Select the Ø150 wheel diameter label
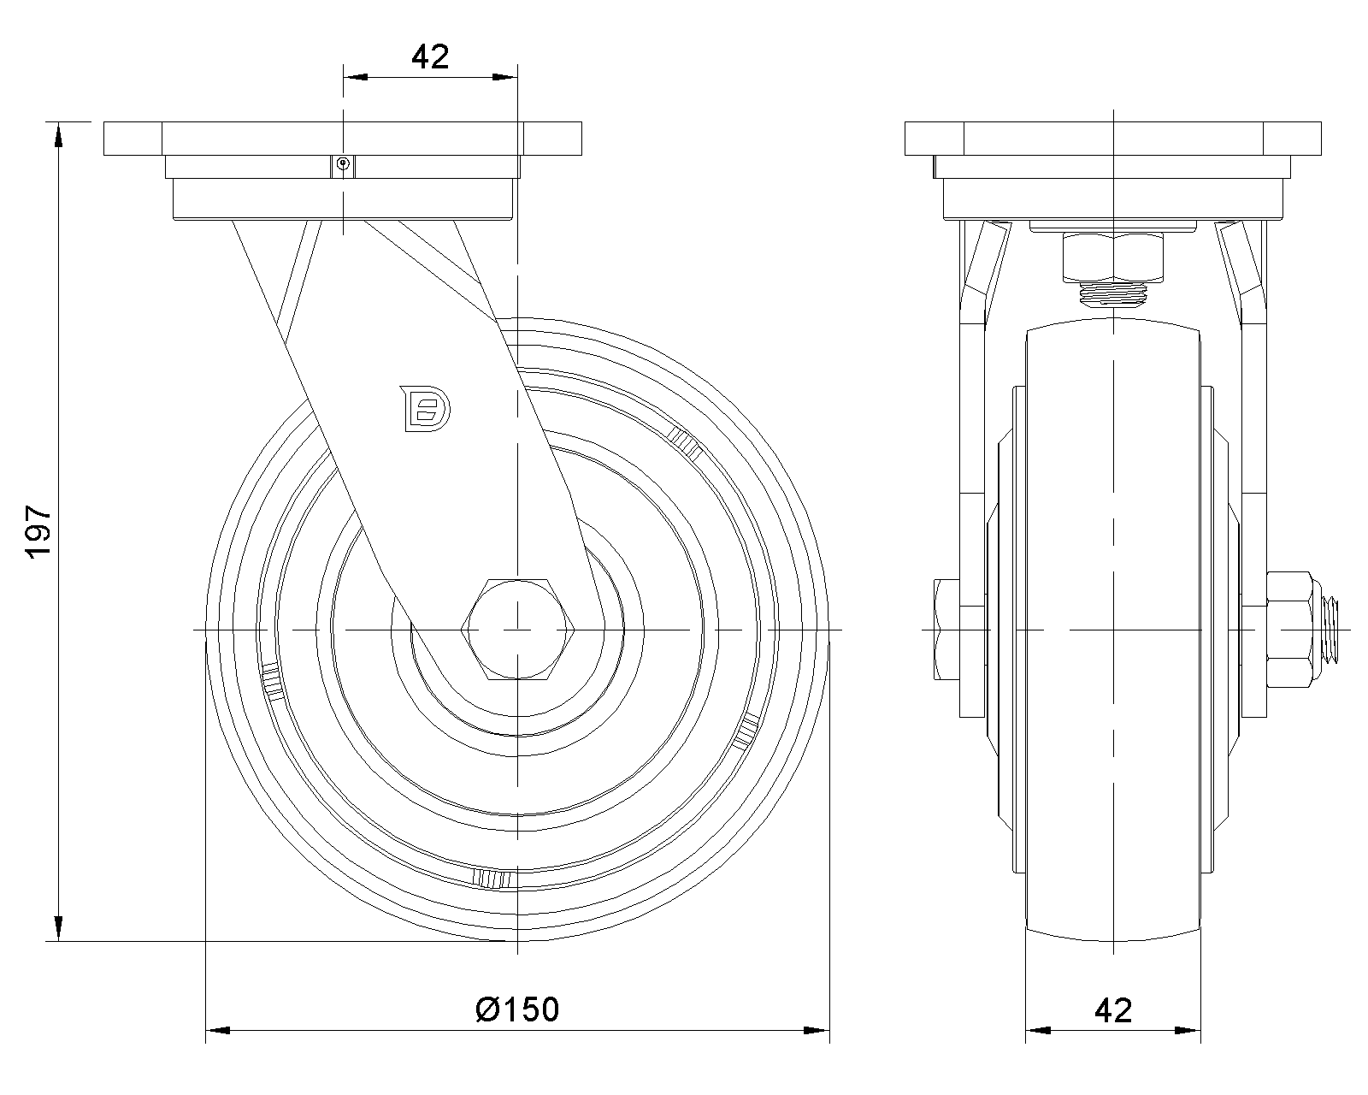click(517, 1009)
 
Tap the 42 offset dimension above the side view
click(430, 56)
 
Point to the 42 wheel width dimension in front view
click(1112, 1010)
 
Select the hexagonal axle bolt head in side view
click(518, 630)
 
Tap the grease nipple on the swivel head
click(343, 164)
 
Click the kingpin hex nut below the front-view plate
click(1113, 256)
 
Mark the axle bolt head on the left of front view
click(949, 630)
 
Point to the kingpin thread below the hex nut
click(1113, 296)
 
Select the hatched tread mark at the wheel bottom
click(492, 878)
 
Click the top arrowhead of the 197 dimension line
click(58, 135)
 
